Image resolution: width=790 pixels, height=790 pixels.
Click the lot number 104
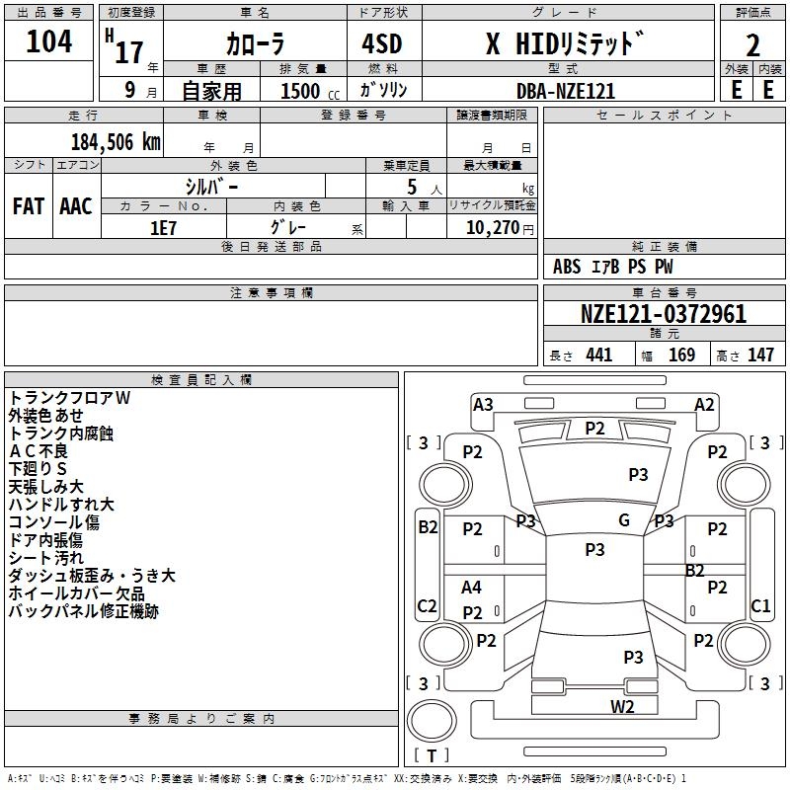(x=49, y=42)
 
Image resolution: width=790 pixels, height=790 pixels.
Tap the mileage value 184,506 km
(x=116, y=141)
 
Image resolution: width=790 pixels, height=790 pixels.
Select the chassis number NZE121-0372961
(x=663, y=315)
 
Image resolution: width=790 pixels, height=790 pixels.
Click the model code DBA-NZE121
(x=566, y=91)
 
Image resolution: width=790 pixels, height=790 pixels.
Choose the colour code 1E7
(x=163, y=227)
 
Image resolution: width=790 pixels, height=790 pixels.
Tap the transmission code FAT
(x=28, y=206)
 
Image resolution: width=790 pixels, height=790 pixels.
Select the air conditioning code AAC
(x=76, y=206)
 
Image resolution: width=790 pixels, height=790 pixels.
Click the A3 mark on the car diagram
(x=483, y=404)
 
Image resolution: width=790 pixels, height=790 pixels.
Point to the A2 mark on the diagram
(x=704, y=404)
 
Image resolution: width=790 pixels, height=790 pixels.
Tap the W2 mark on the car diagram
(x=622, y=706)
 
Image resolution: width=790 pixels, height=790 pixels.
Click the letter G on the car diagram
(x=624, y=520)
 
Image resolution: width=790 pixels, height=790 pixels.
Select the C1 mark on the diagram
(x=760, y=605)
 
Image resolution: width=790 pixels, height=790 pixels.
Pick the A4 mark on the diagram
(x=472, y=588)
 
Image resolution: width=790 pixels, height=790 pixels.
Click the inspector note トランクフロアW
(x=70, y=397)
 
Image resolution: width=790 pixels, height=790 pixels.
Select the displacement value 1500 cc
(x=302, y=91)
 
